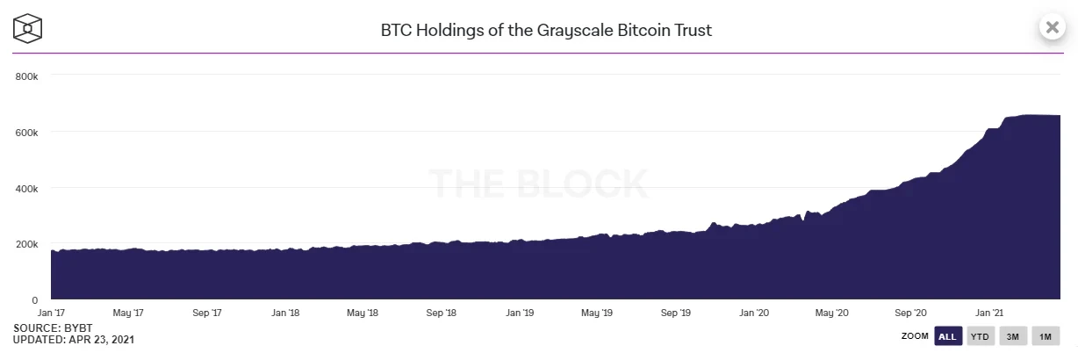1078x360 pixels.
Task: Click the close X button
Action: tap(1051, 26)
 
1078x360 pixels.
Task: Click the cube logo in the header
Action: tap(29, 27)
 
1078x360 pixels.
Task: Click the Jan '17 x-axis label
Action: tap(51, 313)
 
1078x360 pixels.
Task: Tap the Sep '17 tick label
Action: tap(207, 313)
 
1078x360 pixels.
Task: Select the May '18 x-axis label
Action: tap(363, 313)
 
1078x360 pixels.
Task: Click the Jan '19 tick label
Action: tap(519, 313)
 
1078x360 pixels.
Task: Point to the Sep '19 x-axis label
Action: tap(675, 313)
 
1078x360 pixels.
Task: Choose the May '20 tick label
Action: tap(831, 313)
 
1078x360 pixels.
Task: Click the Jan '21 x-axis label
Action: tap(989, 313)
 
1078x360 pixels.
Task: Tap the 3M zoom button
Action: tap(1011, 336)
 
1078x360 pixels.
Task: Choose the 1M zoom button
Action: tap(1045, 336)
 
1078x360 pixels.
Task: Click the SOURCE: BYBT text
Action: tap(47, 328)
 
